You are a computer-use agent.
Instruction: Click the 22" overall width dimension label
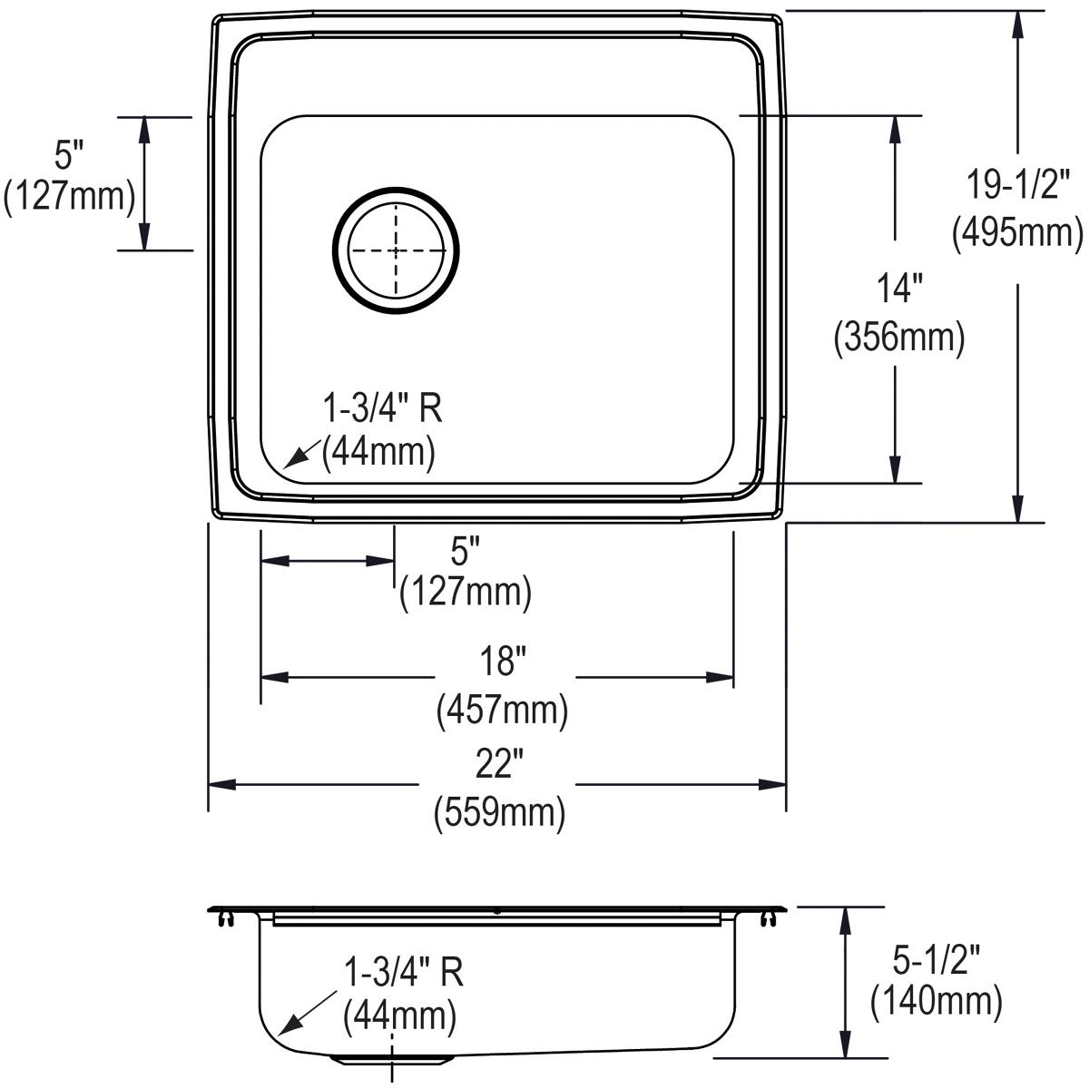501,768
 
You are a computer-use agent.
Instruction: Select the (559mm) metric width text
500,810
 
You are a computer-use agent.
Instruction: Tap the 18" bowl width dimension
503,662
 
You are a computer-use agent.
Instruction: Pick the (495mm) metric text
1017,232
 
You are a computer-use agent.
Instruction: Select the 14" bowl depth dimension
898,290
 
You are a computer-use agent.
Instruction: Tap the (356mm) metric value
898,338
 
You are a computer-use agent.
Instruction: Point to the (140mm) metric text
936,1001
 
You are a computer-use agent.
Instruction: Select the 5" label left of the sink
68,156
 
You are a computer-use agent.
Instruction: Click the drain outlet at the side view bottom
392,1058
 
